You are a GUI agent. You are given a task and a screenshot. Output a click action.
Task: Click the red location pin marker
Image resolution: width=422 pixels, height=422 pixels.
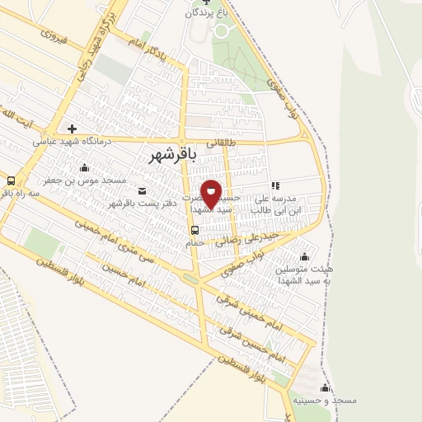[211, 194]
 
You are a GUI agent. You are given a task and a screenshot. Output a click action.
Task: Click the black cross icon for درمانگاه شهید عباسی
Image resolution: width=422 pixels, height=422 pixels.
[73, 129]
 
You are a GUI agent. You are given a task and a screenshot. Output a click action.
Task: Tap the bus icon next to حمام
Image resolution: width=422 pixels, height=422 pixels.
[194, 230]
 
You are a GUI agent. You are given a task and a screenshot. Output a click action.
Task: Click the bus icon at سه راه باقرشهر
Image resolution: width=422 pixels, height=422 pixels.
[11, 181]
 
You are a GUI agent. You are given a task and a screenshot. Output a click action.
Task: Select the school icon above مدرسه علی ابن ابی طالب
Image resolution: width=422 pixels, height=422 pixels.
[274, 186]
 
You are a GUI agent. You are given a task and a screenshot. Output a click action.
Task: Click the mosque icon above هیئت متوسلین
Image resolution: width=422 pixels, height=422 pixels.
[305, 256]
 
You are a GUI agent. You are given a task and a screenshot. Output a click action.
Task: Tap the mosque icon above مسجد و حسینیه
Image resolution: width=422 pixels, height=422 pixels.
[325, 387]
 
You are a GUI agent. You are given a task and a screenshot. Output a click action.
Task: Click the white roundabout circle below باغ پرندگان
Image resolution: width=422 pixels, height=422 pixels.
[220, 30]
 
